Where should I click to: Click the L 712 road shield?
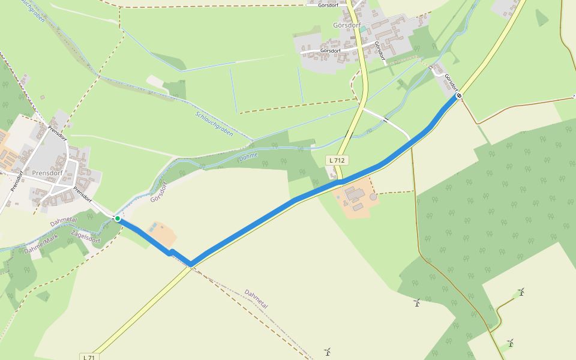tap(337, 160)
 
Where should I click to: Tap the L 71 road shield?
tap(88, 357)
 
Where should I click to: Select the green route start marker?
tap(118, 218)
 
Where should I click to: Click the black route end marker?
tap(459, 95)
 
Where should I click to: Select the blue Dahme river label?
tap(248, 157)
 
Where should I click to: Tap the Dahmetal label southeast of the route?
tap(256, 299)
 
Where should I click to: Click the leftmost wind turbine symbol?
tap(328, 351)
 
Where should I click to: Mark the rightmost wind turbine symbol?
tap(521, 292)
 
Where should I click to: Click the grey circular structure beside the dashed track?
tap(373, 196)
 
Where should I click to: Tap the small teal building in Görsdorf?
tap(362, 29)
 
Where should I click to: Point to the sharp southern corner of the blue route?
tap(191, 264)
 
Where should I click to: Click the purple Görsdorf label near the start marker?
tap(161, 191)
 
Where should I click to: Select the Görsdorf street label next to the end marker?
tap(451, 83)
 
